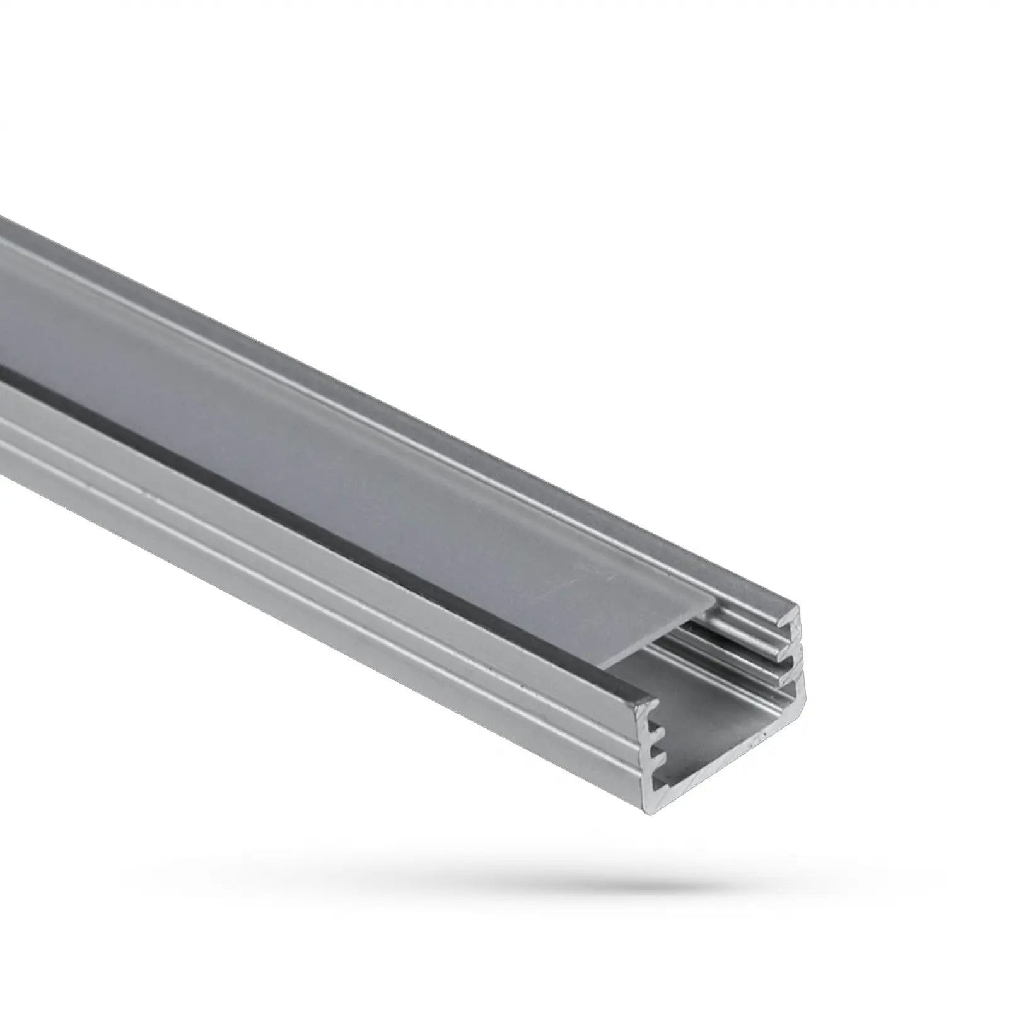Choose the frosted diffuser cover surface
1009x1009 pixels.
click(378, 441)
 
